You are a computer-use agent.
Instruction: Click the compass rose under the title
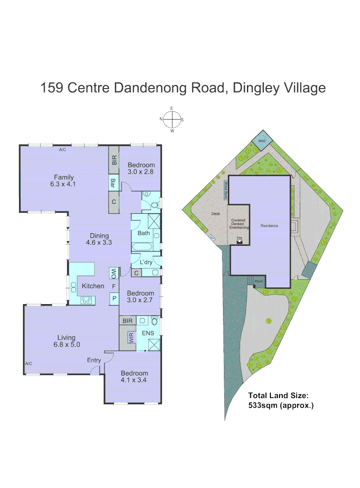coord(172,120)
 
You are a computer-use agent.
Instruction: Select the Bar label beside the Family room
coord(114,183)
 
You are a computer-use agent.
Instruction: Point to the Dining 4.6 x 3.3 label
coord(99,239)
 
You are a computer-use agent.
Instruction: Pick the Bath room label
coord(144,233)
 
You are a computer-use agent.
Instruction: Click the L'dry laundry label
coord(146,262)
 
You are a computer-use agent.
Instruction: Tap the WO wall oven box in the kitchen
coord(114,273)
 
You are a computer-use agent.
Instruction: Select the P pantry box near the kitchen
coord(114,299)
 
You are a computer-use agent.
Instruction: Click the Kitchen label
coord(93,286)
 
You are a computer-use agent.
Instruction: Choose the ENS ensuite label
coord(148,333)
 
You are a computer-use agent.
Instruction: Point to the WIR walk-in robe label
coord(131,338)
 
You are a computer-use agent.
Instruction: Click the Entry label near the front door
coord(94,360)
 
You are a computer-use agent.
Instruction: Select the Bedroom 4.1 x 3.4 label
coord(134,376)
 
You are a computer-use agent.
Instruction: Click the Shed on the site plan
coord(261,141)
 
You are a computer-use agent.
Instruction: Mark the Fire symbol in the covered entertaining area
coord(239,240)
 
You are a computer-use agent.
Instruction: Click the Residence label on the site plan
coord(269,225)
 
